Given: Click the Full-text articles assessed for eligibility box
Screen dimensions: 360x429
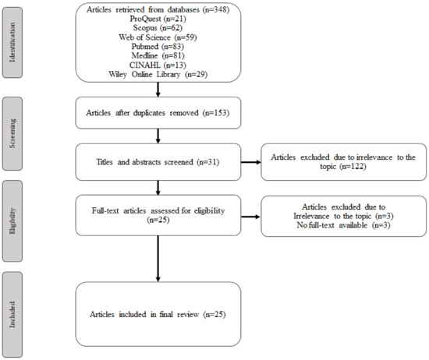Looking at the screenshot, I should point(158,211).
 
